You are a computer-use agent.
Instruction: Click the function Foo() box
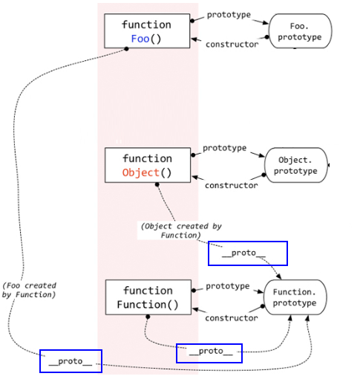(x=147, y=30)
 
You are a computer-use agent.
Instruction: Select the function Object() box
(x=147, y=165)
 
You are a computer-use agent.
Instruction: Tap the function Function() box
(x=148, y=297)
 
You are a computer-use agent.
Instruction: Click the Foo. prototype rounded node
(x=300, y=31)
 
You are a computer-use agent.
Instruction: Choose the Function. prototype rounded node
(x=295, y=298)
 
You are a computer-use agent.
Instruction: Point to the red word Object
(x=140, y=172)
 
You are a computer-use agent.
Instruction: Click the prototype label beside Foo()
(x=229, y=14)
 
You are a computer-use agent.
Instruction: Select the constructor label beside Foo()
(x=232, y=45)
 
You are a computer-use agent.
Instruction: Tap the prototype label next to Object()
(x=224, y=148)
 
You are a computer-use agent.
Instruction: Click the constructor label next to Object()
(x=231, y=185)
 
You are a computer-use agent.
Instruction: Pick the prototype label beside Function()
(x=227, y=286)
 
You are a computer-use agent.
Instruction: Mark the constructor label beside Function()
(x=231, y=318)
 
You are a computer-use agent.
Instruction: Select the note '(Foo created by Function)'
(x=29, y=290)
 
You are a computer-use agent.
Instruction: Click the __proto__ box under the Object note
(x=248, y=253)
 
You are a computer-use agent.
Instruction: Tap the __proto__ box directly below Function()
(x=209, y=352)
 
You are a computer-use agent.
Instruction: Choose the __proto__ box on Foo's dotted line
(x=71, y=361)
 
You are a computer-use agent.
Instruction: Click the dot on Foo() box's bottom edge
(x=126, y=48)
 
